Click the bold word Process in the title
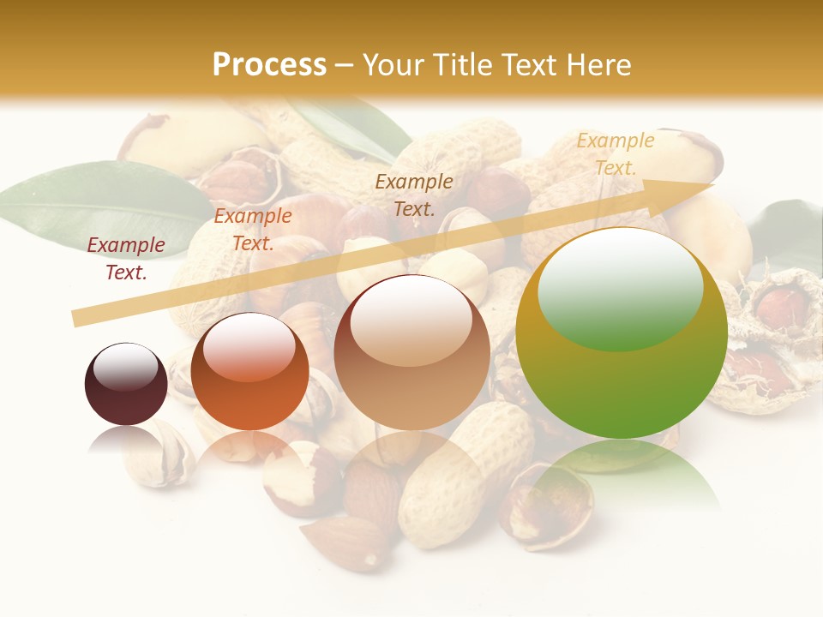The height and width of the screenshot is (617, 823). click(269, 65)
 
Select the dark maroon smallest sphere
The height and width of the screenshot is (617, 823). click(126, 384)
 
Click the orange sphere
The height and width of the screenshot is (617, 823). click(249, 372)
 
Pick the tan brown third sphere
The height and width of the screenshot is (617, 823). click(411, 352)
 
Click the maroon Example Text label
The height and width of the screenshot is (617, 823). click(126, 258)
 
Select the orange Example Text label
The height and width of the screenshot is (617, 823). click(252, 230)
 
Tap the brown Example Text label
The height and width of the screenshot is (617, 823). click(414, 195)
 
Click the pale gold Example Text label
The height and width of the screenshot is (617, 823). click(615, 153)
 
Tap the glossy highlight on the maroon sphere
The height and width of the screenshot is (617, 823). click(126, 367)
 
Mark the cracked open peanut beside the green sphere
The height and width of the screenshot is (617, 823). click(772, 343)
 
